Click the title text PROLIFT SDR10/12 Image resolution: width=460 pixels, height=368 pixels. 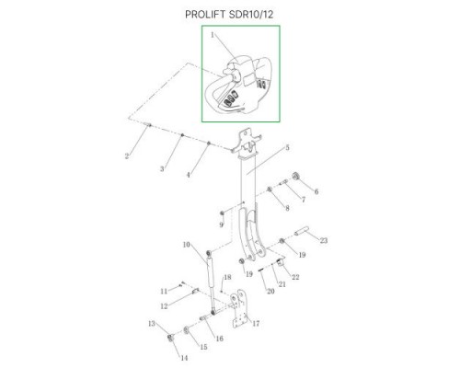(x=229, y=15)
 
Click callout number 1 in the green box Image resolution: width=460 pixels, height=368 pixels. (x=213, y=35)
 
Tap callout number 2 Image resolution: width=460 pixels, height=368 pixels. (x=127, y=156)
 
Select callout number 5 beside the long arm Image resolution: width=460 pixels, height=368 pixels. (x=287, y=147)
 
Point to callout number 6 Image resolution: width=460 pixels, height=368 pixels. (x=316, y=191)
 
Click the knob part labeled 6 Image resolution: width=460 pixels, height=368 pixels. (x=296, y=177)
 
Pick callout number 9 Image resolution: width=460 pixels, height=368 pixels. (x=221, y=224)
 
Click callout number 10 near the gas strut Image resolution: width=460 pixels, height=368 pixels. (x=187, y=245)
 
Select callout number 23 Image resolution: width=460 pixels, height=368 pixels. (x=324, y=240)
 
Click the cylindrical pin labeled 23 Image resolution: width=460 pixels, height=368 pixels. (x=302, y=230)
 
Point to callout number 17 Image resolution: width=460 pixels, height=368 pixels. (x=256, y=323)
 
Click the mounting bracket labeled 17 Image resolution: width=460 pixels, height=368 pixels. (x=239, y=309)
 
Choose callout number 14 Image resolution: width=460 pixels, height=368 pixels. (x=184, y=358)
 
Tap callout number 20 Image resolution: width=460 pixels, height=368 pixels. (x=270, y=291)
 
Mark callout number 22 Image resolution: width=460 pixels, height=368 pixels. (x=295, y=277)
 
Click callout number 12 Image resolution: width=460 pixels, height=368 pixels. (x=164, y=305)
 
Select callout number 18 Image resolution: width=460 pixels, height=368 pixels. (x=227, y=277)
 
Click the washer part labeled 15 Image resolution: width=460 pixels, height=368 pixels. (x=186, y=330)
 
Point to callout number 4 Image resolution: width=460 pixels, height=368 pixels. (x=189, y=175)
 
